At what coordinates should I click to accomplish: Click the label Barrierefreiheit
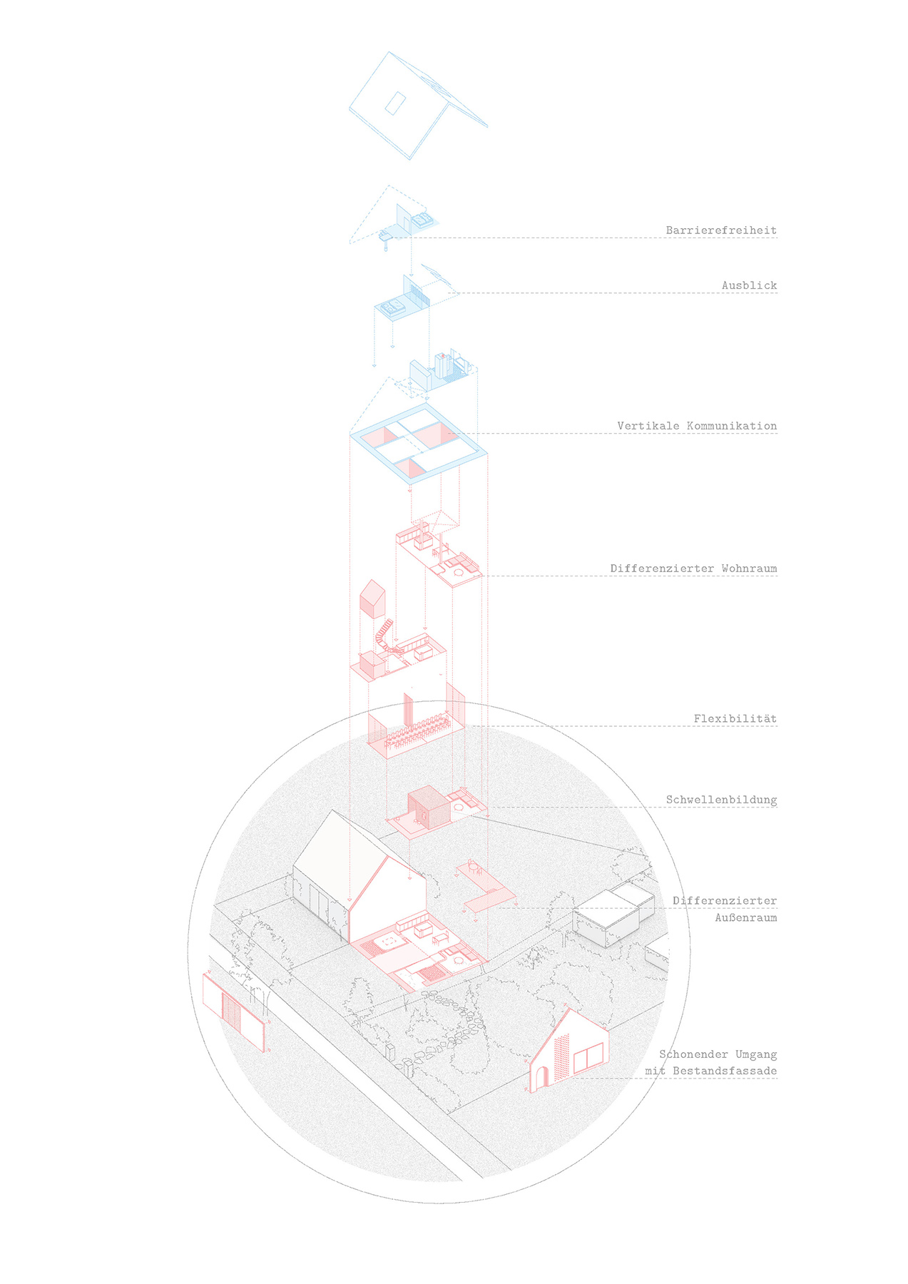721,230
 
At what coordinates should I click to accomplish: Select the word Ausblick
749,285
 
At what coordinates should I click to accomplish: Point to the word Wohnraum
749,569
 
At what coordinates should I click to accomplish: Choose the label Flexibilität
735,718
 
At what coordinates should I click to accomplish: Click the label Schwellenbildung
721,800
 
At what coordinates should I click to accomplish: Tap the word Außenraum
746,917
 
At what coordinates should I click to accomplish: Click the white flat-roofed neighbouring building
613,917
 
